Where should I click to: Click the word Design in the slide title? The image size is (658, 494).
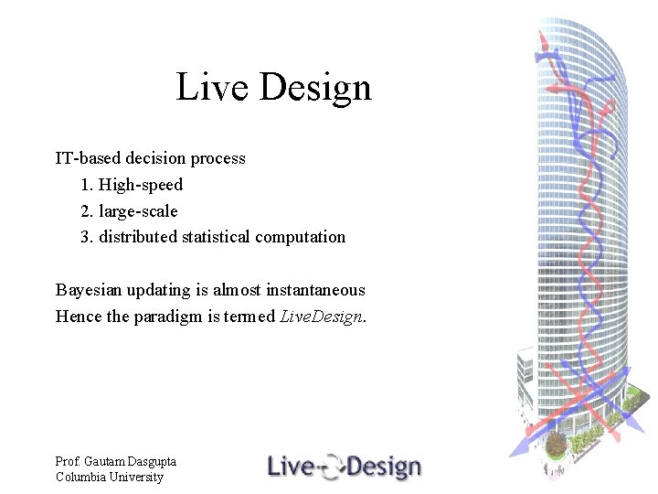tap(315, 88)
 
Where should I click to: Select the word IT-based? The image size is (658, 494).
tap(89, 158)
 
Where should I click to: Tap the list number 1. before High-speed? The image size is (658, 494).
tap(88, 185)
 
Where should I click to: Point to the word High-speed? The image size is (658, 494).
tap(141, 185)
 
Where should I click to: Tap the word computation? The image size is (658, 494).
tap(301, 237)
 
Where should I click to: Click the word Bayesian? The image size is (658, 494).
tap(89, 290)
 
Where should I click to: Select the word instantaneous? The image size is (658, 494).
tap(315, 290)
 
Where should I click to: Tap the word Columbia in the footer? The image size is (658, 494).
tap(80, 477)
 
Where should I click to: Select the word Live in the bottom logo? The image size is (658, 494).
tap(291, 467)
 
